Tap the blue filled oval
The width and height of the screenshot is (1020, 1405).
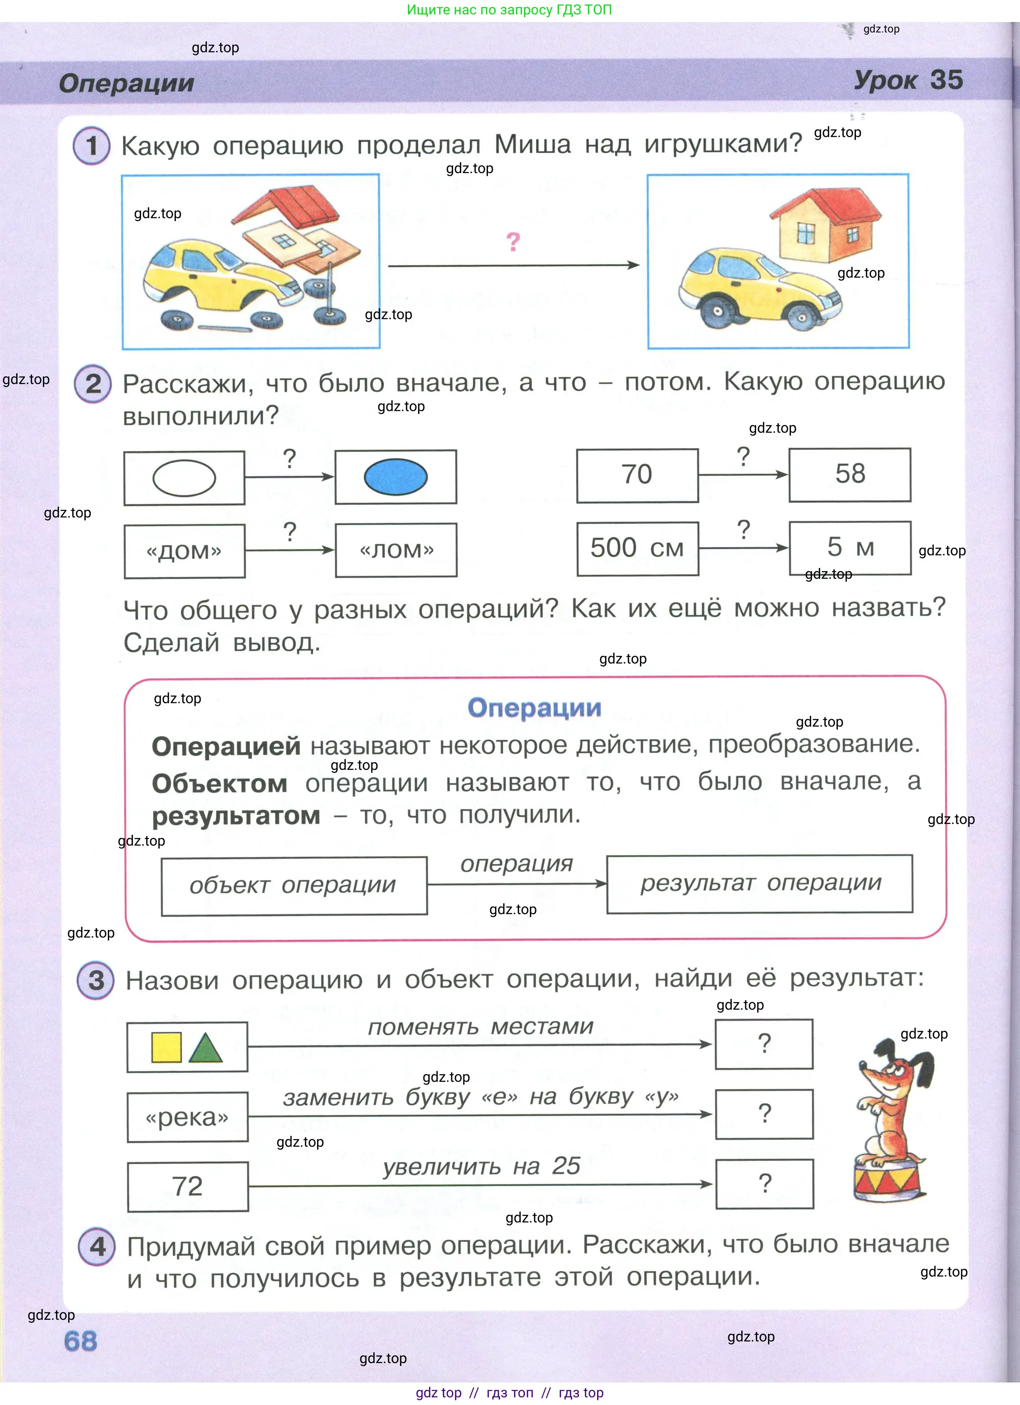tap(395, 477)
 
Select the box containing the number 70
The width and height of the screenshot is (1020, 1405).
tap(637, 475)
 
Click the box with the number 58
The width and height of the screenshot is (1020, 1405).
tap(850, 475)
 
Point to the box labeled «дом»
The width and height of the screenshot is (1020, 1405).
tap(185, 551)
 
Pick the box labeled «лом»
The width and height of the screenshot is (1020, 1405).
tap(396, 550)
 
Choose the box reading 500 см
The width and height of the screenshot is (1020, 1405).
tap(637, 548)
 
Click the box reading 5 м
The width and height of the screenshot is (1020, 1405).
tap(850, 548)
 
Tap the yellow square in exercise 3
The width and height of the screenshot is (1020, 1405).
tap(166, 1048)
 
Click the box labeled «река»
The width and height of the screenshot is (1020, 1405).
tap(187, 1117)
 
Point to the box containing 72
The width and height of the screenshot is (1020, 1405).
tap(187, 1186)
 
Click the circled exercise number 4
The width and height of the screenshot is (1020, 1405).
tap(97, 1246)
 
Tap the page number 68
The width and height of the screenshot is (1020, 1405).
tap(81, 1341)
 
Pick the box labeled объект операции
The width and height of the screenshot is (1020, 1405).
tap(294, 886)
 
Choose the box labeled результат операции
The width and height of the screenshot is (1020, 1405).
tap(760, 884)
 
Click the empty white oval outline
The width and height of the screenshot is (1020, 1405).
tap(184, 478)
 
